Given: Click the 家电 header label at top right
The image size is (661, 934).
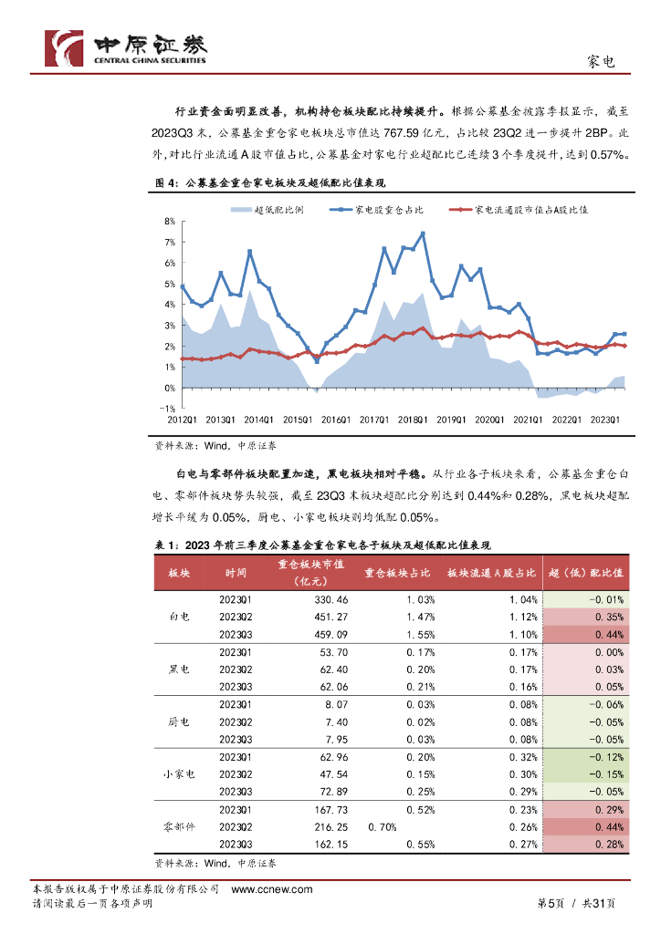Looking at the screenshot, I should [x=599, y=62].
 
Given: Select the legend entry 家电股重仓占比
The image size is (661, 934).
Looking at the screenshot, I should [x=388, y=210].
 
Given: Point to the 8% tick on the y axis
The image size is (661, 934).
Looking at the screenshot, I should [x=169, y=221].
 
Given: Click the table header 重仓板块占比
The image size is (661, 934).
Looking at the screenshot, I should [x=397, y=573].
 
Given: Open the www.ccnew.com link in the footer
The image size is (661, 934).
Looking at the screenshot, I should [x=272, y=889].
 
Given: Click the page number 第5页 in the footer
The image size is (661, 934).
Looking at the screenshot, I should [x=549, y=903].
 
